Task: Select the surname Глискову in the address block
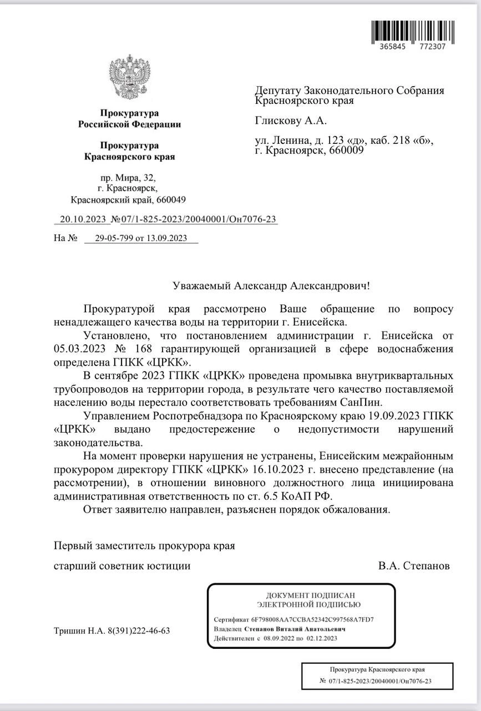[279, 121]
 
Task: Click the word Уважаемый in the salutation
[202, 286]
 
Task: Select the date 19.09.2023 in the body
[396, 416]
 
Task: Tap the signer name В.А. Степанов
[414, 566]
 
